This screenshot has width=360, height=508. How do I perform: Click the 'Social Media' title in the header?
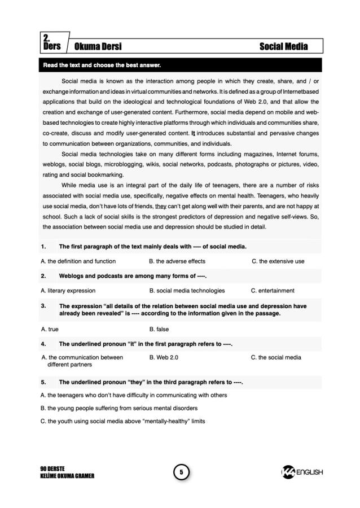[x=283, y=46]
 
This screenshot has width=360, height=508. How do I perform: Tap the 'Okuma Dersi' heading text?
[x=98, y=46]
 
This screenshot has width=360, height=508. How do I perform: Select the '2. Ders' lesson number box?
[x=52, y=42]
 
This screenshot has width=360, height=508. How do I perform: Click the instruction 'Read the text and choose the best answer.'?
[x=102, y=65]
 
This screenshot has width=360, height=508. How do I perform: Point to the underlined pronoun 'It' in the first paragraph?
[x=194, y=134]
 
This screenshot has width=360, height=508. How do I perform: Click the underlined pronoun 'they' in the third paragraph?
[x=161, y=206]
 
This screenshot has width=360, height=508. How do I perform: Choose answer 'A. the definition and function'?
[x=78, y=261]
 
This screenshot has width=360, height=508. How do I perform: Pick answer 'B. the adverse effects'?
[x=177, y=261]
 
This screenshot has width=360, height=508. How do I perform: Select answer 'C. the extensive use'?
[x=278, y=261]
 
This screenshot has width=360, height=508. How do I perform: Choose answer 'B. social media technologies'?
[x=187, y=291]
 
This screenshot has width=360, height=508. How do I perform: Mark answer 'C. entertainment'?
[x=273, y=291]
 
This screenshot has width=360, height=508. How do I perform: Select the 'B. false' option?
[x=159, y=329]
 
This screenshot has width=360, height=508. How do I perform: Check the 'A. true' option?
[x=50, y=329]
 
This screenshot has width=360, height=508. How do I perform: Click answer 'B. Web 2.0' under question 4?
[x=164, y=357]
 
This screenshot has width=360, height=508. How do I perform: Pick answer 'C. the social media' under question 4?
[x=276, y=357]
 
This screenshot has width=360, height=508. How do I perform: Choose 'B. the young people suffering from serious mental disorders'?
[x=119, y=408]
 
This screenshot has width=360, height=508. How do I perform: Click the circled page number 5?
[x=181, y=472]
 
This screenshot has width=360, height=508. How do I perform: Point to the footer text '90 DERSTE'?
[x=52, y=468]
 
